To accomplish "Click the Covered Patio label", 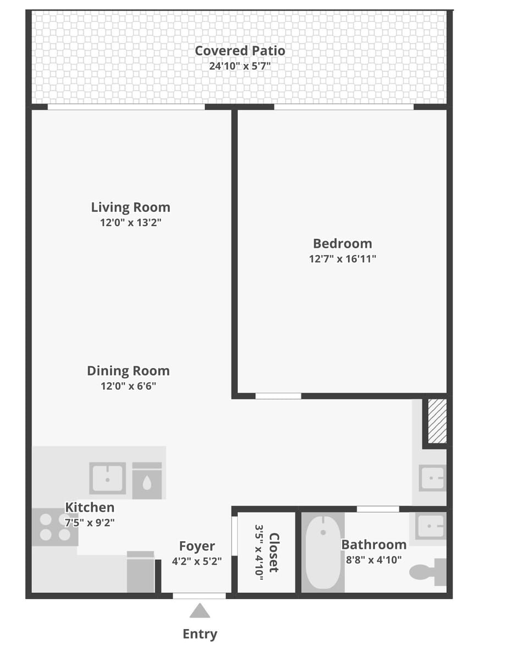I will coord(240,51).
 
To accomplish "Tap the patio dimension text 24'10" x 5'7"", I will coord(240,66).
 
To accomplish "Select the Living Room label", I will coord(130,207).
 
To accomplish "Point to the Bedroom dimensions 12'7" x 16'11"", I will coord(342,258).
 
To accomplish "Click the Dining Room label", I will coord(128,371).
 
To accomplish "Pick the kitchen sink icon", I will coord(107,478).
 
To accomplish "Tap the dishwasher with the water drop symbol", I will coord(147,481).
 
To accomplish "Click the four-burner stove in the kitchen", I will coord(54,527).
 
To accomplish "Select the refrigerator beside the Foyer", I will coord(140,572).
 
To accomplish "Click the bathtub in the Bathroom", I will coord(323,552).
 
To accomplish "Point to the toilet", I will coord(428,571).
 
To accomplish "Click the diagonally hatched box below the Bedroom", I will coord(437,421).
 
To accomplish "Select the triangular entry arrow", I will coord(200,611).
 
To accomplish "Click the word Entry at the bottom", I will coord(200,634).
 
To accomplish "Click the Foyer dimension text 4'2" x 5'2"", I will coord(196,561).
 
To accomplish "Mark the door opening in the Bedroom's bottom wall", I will coord(278,396).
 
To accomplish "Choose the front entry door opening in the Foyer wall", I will coord(199,596).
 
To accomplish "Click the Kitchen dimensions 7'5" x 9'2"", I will coord(90,522).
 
